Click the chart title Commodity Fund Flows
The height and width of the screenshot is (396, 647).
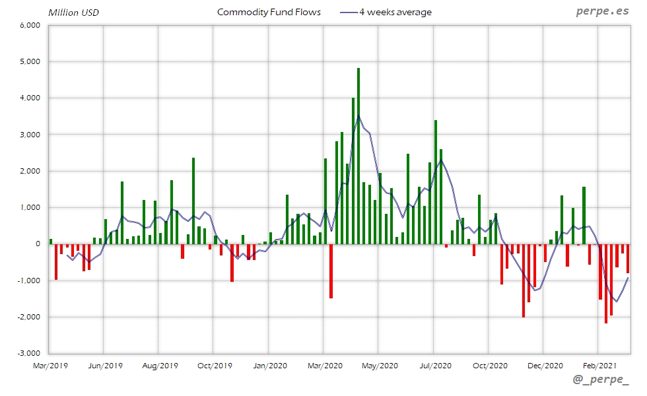pos(269,12)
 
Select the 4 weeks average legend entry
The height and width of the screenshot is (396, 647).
pos(395,12)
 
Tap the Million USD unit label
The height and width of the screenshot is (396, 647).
pos(73,13)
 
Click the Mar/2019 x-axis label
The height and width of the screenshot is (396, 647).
pos(50,364)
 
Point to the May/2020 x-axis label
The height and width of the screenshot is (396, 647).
pos(379,364)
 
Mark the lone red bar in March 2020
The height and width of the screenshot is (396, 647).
pos(331,271)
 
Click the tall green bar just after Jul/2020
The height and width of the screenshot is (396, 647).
pos(436,181)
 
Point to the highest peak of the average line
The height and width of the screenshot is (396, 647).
pos(358,117)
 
